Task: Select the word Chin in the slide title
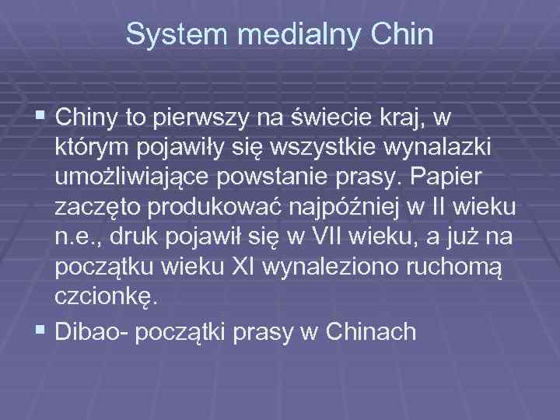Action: point(401,35)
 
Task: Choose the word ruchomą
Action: point(461,267)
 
